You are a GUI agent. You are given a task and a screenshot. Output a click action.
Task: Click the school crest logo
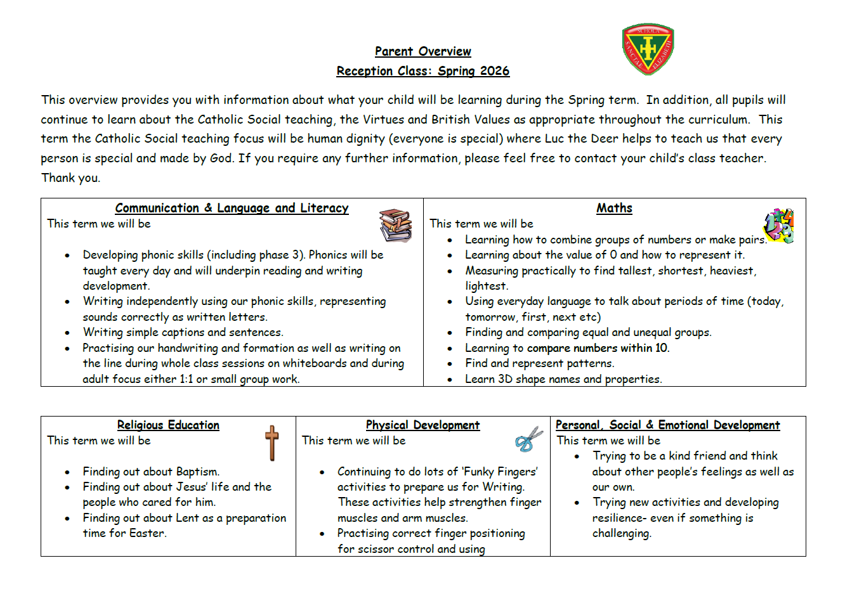[648, 49]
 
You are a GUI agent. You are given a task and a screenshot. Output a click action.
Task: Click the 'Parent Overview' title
[422, 51]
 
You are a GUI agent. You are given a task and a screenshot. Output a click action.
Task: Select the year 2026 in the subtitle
[495, 71]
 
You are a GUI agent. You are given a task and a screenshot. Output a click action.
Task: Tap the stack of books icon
[395, 226]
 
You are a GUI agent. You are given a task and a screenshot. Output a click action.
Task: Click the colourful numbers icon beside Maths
[778, 226]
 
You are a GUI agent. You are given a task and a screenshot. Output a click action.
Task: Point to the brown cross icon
[272, 443]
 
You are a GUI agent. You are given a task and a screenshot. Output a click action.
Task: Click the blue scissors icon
[528, 439]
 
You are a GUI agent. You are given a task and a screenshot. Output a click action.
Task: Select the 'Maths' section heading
[614, 208]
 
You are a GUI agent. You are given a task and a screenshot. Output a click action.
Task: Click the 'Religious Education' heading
[168, 425]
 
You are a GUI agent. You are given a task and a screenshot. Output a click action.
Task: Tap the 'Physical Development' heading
[422, 425]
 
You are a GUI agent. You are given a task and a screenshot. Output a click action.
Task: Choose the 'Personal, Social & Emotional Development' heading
[667, 425]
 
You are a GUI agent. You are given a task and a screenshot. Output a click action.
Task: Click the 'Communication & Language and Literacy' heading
[232, 208]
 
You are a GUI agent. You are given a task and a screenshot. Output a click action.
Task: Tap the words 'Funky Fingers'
[501, 472]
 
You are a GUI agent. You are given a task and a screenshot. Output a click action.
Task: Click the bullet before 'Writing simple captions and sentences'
[67, 333]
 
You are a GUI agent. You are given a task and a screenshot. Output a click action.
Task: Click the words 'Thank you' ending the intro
[70, 178]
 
